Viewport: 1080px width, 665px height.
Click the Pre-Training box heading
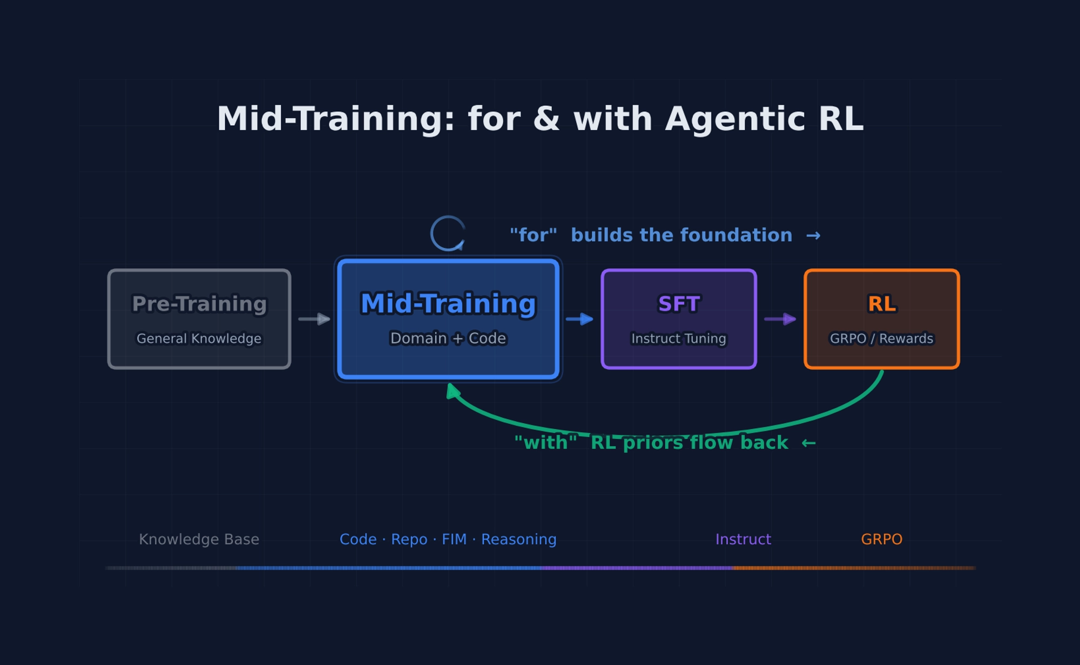click(199, 304)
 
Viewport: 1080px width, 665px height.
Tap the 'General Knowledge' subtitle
click(199, 338)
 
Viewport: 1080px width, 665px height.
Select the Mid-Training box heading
click(448, 304)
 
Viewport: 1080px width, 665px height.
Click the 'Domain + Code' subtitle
click(448, 338)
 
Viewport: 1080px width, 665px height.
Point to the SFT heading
click(679, 304)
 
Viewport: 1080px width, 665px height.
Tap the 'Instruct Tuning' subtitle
click(679, 338)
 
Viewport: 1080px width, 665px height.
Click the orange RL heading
click(882, 304)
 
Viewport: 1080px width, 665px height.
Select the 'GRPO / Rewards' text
click(881, 338)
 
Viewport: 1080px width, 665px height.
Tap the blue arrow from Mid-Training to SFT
click(579, 319)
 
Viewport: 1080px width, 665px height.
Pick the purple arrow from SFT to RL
click(780, 319)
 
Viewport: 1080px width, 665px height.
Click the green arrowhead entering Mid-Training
click(453, 391)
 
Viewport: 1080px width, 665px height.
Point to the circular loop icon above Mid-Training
click(448, 234)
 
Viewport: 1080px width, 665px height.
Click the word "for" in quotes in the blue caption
click(534, 235)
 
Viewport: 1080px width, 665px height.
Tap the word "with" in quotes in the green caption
click(545, 443)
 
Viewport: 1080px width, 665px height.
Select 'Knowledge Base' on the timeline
click(199, 539)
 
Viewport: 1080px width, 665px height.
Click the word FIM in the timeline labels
click(454, 539)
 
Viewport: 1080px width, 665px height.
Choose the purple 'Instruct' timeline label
click(743, 539)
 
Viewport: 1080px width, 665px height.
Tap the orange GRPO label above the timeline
click(881, 539)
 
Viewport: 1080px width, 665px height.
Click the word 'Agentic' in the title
click(735, 119)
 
